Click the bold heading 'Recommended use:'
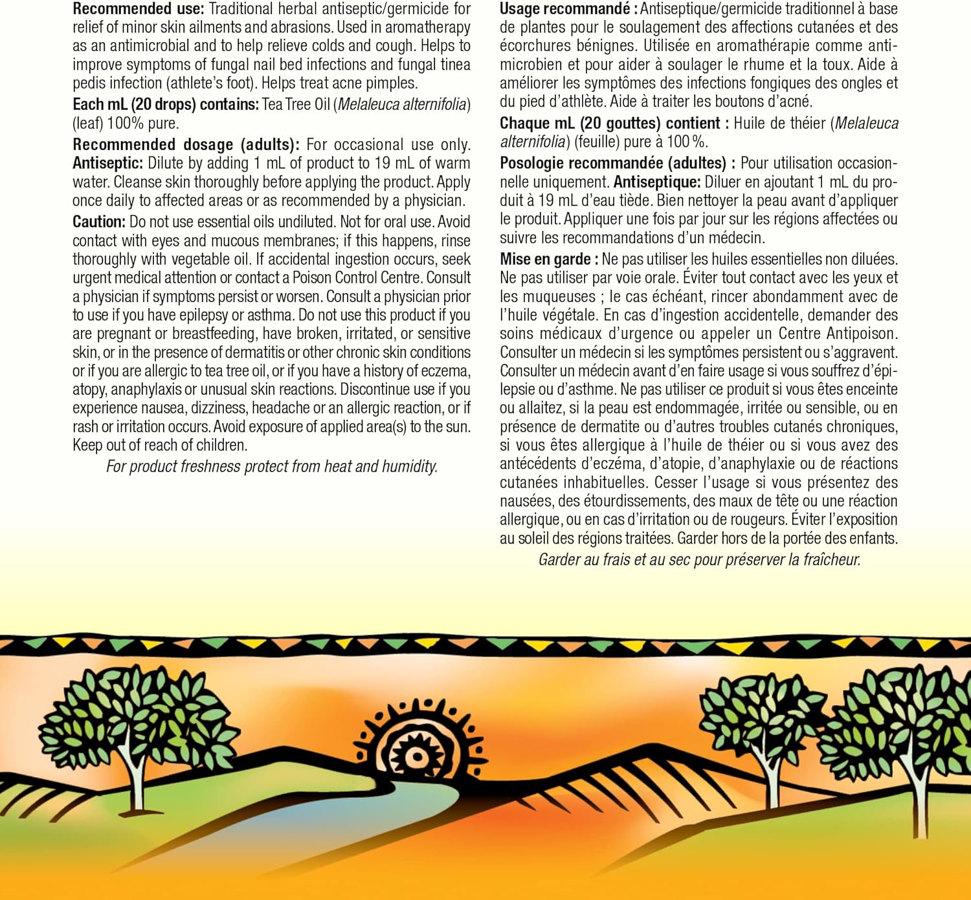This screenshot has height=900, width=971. (x=138, y=9)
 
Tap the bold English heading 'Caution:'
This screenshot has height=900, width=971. (x=99, y=222)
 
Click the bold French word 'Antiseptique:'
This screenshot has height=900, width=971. (x=656, y=182)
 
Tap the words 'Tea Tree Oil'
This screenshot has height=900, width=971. (x=296, y=105)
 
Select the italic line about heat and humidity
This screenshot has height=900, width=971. (x=272, y=466)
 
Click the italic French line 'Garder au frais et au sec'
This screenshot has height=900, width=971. (x=699, y=560)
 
